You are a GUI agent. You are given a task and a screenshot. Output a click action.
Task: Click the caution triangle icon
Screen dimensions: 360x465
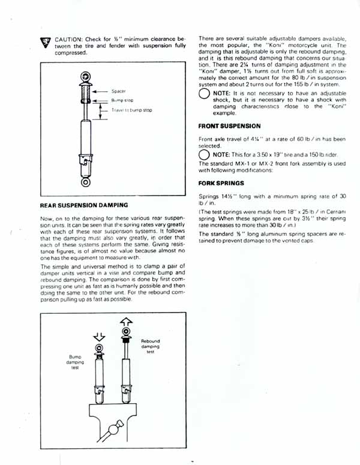tap(46, 43)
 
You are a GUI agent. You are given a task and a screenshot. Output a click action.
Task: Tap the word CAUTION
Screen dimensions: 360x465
tap(68, 39)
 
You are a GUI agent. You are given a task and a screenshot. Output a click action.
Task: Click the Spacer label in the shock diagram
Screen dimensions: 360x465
tap(118, 91)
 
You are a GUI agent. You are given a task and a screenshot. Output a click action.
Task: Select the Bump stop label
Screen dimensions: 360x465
tap(122, 101)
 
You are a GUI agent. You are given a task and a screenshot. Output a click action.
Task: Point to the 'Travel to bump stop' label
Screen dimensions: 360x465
tap(131, 110)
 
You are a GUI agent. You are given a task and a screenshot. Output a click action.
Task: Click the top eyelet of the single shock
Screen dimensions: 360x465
tap(86, 77)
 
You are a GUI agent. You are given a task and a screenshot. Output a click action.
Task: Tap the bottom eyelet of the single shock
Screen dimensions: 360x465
tap(86, 182)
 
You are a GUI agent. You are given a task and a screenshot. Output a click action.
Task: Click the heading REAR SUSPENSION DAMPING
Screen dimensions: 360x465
tap(84, 205)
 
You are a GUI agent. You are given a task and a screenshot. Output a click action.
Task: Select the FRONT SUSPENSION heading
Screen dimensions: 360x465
tap(230, 126)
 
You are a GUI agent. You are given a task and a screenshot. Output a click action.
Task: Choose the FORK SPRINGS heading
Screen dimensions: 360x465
tap(221, 183)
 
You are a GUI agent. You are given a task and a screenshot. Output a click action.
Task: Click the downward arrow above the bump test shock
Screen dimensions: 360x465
tap(99, 337)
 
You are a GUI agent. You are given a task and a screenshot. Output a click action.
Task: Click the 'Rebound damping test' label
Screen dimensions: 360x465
tap(151, 346)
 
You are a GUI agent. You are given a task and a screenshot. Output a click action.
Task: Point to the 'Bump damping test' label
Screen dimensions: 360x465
tap(75, 362)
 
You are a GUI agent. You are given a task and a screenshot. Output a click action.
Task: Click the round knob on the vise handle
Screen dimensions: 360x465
tap(113, 430)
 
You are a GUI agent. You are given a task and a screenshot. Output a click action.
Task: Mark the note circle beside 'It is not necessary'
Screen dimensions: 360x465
tap(205, 94)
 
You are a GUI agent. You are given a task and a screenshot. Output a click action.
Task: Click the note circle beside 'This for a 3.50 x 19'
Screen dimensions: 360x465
tap(204, 155)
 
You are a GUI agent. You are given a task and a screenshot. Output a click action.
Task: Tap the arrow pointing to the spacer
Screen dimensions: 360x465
tap(100, 92)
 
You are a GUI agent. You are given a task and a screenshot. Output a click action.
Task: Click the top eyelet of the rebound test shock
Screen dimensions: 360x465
tap(127, 331)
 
